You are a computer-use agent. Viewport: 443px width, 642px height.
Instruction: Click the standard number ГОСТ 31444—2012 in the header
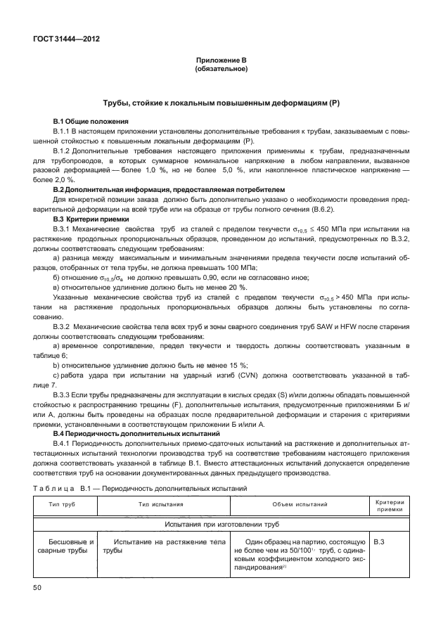(65, 39)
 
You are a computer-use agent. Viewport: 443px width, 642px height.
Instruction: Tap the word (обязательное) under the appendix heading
(221, 70)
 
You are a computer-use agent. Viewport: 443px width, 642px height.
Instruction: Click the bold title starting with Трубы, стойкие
(221, 103)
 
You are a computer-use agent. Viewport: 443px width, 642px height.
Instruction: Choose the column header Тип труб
(63, 505)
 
